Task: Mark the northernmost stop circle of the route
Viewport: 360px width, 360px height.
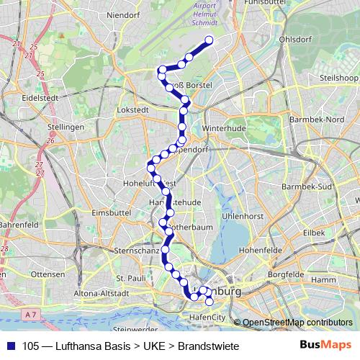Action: click(x=210, y=40)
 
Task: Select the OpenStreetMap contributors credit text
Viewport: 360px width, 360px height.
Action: click(x=297, y=322)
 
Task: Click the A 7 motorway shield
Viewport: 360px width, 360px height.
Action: click(x=29, y=315)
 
